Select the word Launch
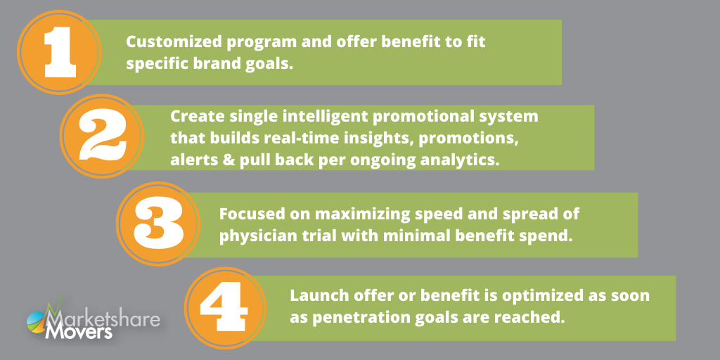click(x=312, y=295)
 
